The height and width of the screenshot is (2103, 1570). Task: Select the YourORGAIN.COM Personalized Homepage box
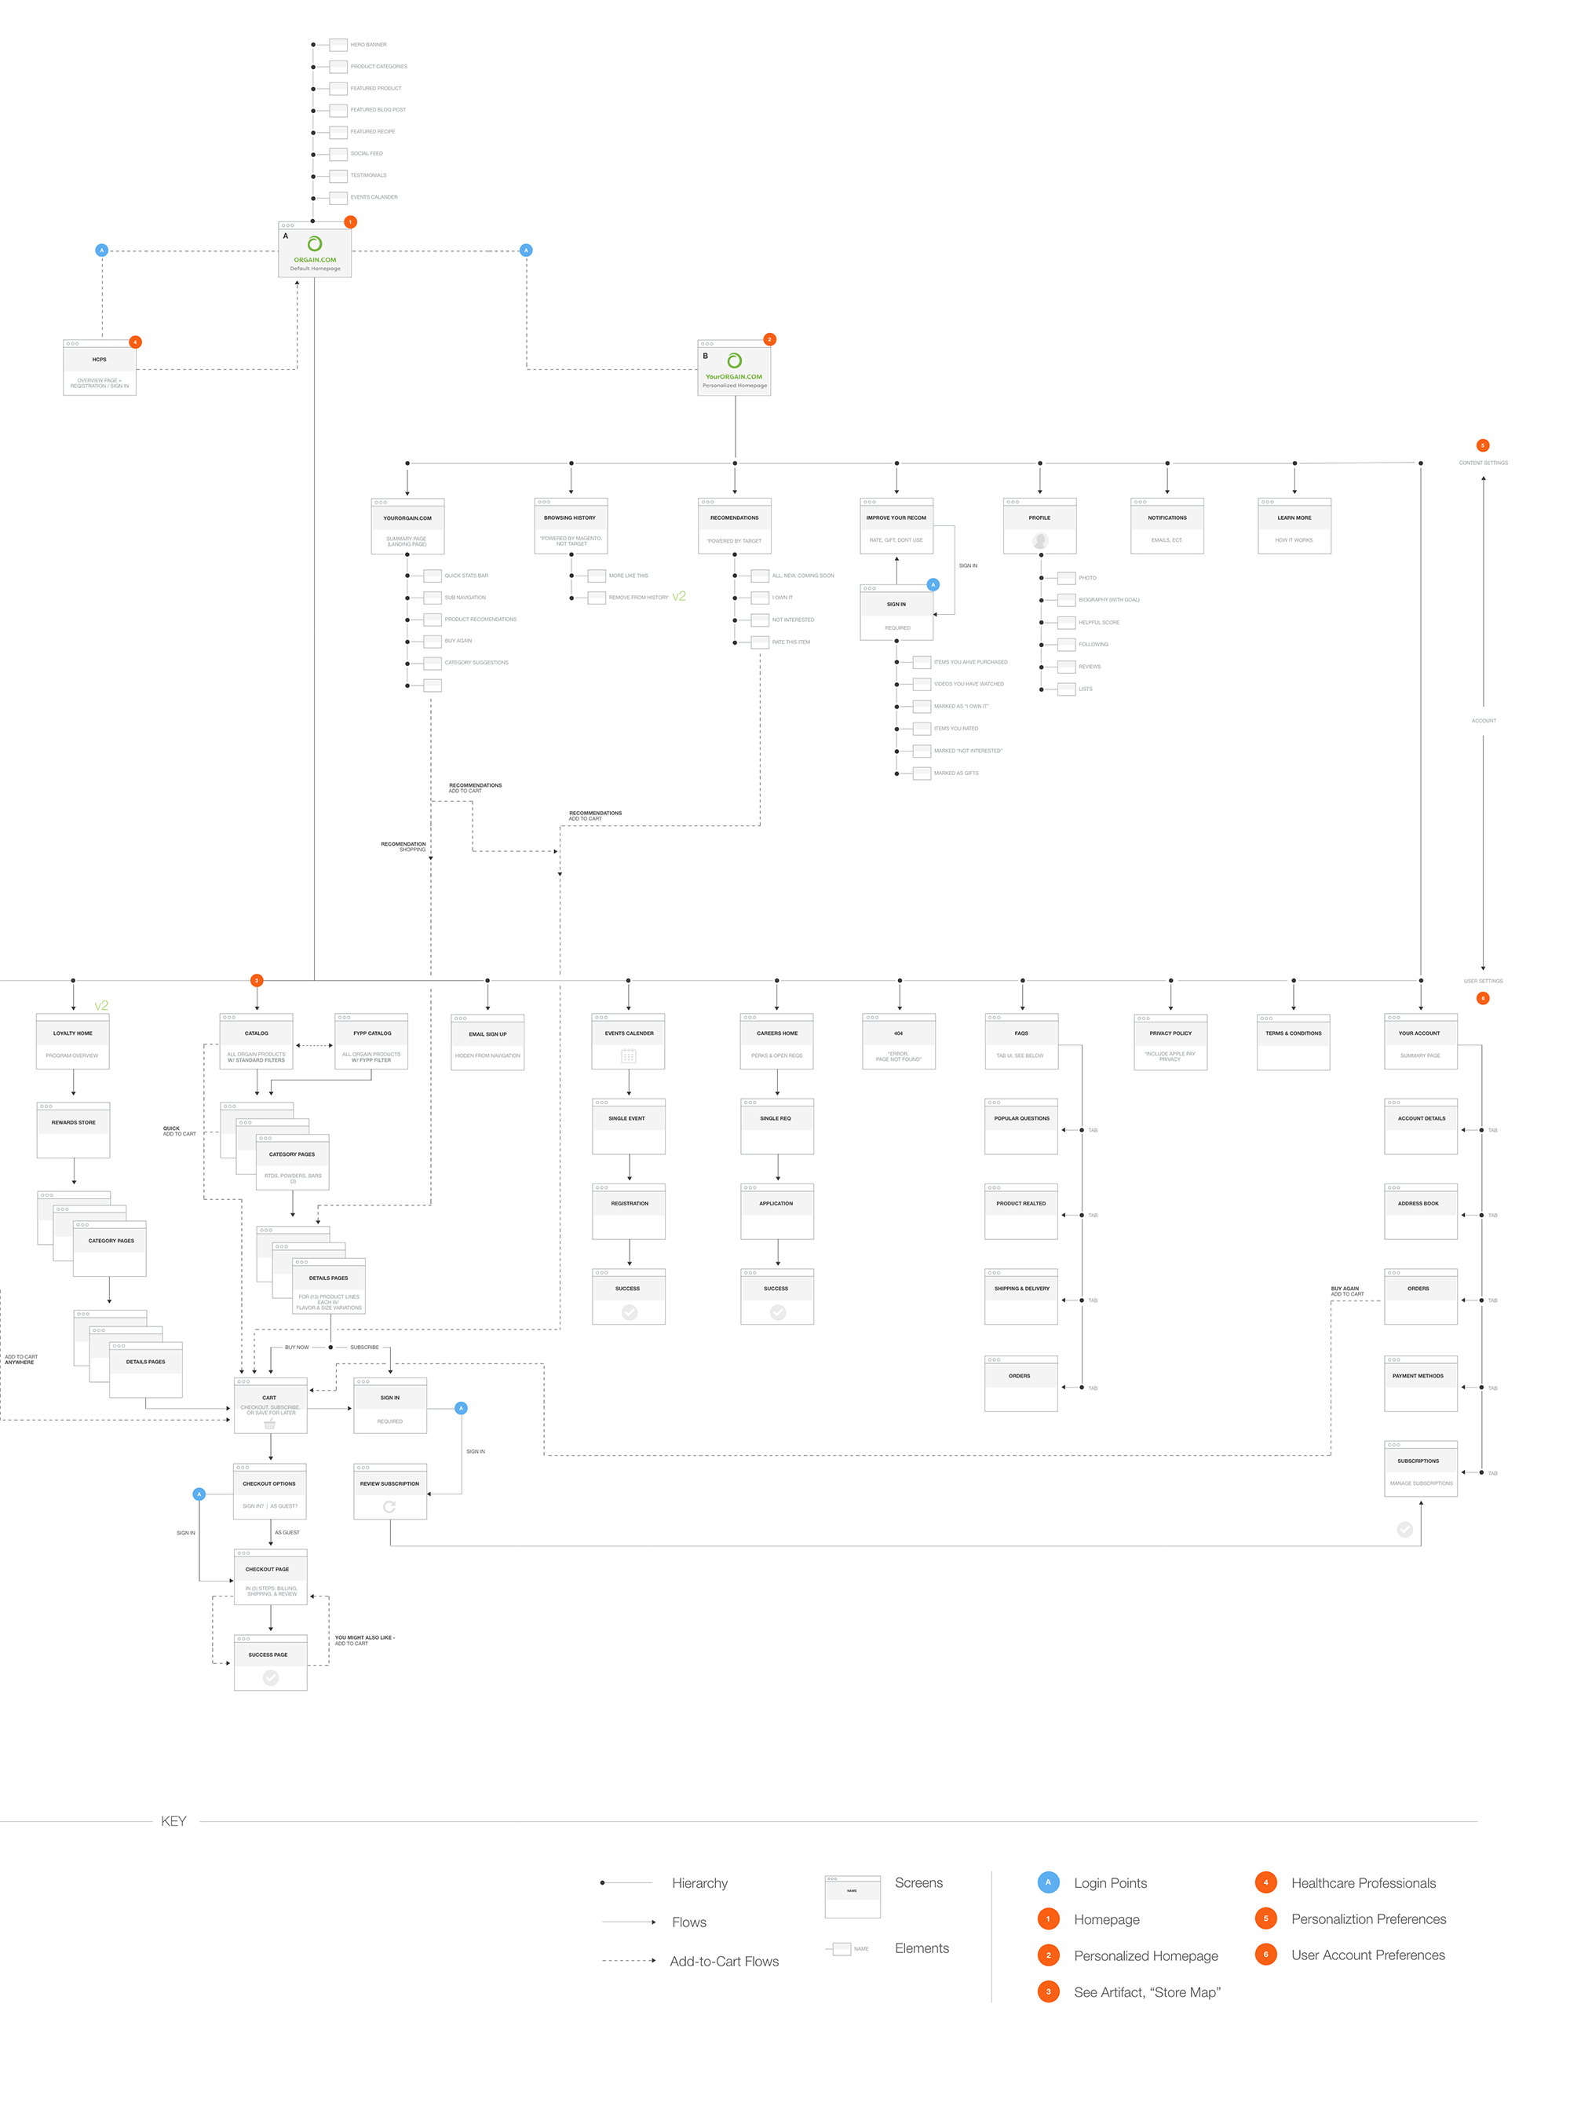point(734,368)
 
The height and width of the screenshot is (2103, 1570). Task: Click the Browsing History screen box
point(570,526)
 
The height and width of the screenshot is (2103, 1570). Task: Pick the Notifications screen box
point(1167,526)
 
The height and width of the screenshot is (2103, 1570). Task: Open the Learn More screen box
point(1294,526)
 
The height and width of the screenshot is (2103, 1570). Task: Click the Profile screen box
point(1039,526)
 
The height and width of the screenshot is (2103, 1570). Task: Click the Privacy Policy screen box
point(1171,1042)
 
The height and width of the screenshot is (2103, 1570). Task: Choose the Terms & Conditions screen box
point(1294,1042)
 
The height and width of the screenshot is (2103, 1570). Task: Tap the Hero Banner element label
point(368,45)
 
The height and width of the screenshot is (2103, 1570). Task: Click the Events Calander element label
point(374,197)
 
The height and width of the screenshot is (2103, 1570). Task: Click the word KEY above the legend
point(173,1820)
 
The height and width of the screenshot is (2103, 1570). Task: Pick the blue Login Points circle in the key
point(1048,1882)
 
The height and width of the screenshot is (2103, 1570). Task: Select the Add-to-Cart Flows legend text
point(725,1962)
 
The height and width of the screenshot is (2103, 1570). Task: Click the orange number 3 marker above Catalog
point(256,980)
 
